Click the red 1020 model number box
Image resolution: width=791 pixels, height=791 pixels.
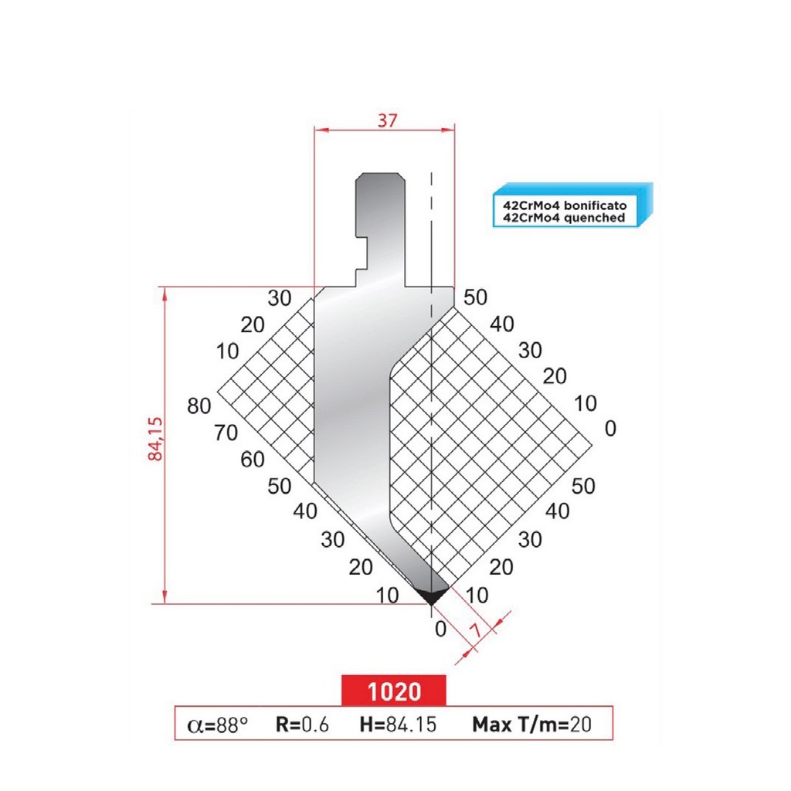(x=394, y=690)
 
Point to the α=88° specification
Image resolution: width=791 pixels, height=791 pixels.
(x=218, y=725)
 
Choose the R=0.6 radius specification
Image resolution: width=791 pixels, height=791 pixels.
(x=302, y=725)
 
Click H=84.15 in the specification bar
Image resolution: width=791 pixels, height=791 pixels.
(x=399, y=725)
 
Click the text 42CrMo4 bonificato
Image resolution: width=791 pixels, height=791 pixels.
(x=564, y=207)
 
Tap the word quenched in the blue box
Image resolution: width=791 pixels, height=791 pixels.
(x=596, y=219)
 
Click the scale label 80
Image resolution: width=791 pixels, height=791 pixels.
(x=199, y=406)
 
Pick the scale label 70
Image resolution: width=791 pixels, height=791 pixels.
(x=226, y=433)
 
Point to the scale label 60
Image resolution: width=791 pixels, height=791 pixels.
(x=252, y=459)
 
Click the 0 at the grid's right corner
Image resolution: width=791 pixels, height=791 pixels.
(x=610, y=429)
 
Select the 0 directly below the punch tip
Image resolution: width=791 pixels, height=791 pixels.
(x=440, y=629)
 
